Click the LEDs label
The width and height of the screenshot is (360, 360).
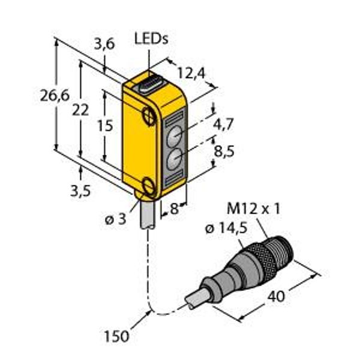coord(151,38)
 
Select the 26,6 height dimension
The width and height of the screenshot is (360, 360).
coord(55,95)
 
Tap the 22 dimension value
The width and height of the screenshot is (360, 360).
coord(80,110)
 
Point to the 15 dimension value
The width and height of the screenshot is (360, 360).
coord(106,125)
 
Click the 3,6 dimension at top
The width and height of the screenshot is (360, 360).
coord(104,44)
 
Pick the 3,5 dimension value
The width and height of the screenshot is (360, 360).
coord(80,191)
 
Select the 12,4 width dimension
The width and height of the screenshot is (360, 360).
coord(191,73)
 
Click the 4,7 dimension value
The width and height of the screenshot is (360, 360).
coord(223,124)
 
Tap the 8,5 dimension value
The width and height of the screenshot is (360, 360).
coord(224,151)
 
